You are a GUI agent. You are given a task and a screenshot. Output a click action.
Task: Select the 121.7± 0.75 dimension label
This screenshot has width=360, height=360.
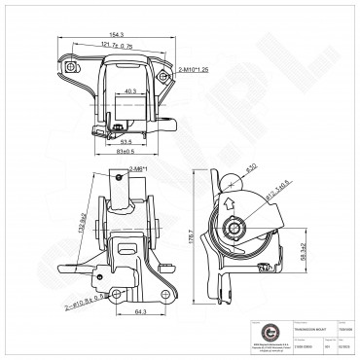116,45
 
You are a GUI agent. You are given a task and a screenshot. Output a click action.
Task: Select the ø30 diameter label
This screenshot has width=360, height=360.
252,168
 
